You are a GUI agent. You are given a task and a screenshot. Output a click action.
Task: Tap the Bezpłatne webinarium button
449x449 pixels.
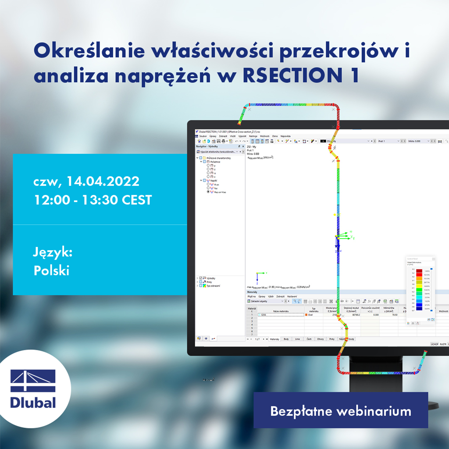340,411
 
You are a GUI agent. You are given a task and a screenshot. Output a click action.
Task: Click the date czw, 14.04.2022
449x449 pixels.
86,181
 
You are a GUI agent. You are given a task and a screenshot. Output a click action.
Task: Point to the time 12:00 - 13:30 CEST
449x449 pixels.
93,200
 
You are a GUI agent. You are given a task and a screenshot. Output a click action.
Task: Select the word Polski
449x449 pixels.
51,271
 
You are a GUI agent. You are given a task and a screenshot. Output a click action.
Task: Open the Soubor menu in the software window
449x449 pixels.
203,136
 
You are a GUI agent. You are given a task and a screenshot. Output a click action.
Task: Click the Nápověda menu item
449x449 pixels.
285,136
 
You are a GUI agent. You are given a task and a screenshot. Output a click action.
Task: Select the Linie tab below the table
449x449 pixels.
298,339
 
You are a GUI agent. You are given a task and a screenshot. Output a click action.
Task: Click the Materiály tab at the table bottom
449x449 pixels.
274,339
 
